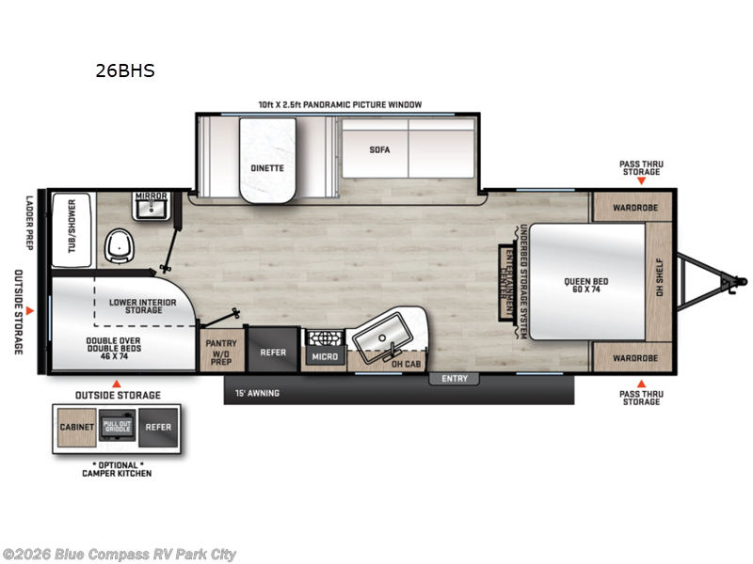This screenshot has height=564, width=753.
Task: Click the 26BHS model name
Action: pos(124,70)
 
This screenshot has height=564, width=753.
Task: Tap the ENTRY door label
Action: pos(454,379)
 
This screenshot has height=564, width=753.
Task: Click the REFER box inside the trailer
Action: pos(273,352)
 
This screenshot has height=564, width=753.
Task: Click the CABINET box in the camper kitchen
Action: pos(77,427)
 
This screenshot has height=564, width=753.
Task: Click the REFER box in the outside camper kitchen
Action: pos(158,427)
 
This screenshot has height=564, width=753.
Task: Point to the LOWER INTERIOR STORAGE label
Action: pos(138,306)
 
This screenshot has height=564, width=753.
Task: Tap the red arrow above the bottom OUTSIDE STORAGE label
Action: pos(117,384)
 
